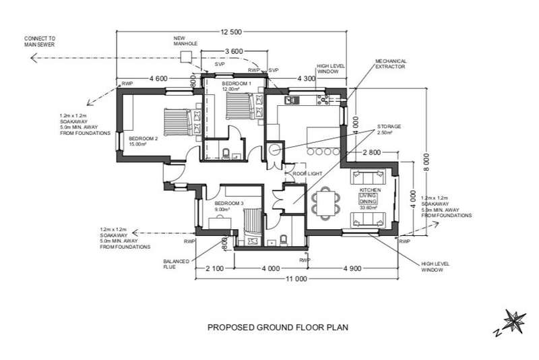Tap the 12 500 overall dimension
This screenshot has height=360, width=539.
[231, 32]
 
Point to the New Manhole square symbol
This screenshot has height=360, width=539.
[185, 58]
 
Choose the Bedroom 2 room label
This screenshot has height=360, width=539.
[144, 139]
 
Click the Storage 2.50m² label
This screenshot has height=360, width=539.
[389, 129]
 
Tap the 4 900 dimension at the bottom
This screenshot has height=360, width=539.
[352, 268]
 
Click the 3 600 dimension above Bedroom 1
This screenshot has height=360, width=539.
[233, 52]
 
